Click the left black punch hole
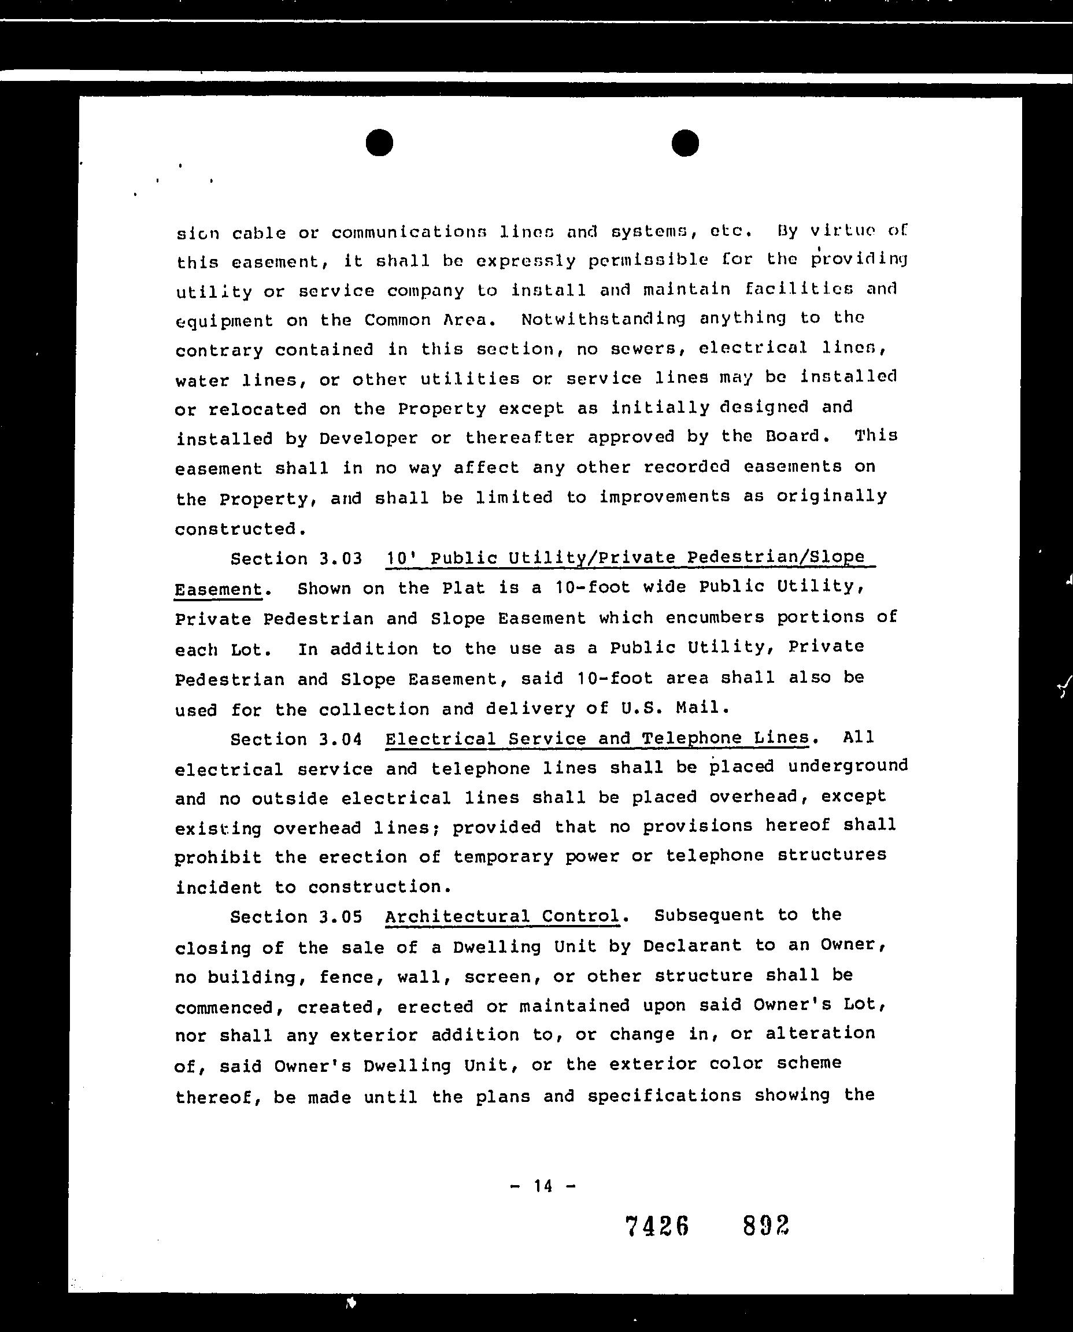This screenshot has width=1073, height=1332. (379, 143)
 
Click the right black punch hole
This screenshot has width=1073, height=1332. (684, 143)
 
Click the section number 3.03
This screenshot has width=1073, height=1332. (341, 559)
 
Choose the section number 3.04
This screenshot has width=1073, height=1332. (341, 739)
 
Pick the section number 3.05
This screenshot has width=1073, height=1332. (341, 917)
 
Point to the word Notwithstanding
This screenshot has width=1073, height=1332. (603, 319)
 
